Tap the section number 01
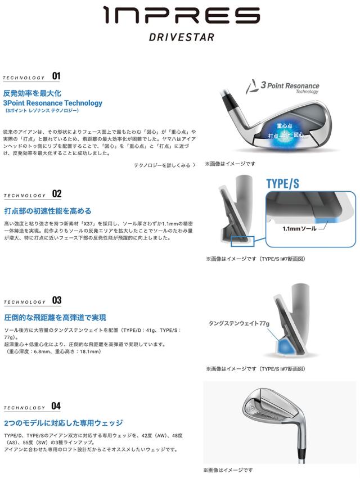(56, 76)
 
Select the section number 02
(56, 194)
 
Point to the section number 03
(56, 301)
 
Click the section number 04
(56, 406)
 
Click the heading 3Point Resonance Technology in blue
(53, 103)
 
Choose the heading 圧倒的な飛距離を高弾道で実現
(55, 318)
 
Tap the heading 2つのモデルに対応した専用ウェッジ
(63, 423)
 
